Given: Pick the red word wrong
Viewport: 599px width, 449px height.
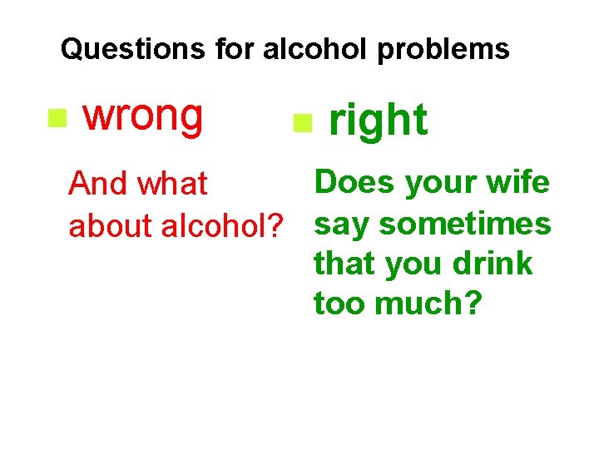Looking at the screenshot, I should tap(143, 116).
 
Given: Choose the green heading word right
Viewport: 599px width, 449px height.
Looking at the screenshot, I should tap(379, 121).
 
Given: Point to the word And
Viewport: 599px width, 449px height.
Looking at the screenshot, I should tap(99, 184).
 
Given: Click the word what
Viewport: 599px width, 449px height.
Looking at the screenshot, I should tap(173, 184).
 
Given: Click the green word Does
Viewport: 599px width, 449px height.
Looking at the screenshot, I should tap(355, 182).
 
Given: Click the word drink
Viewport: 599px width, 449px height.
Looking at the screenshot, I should tap(494, 264).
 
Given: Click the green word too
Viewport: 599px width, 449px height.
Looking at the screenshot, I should tap(340, 304).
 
